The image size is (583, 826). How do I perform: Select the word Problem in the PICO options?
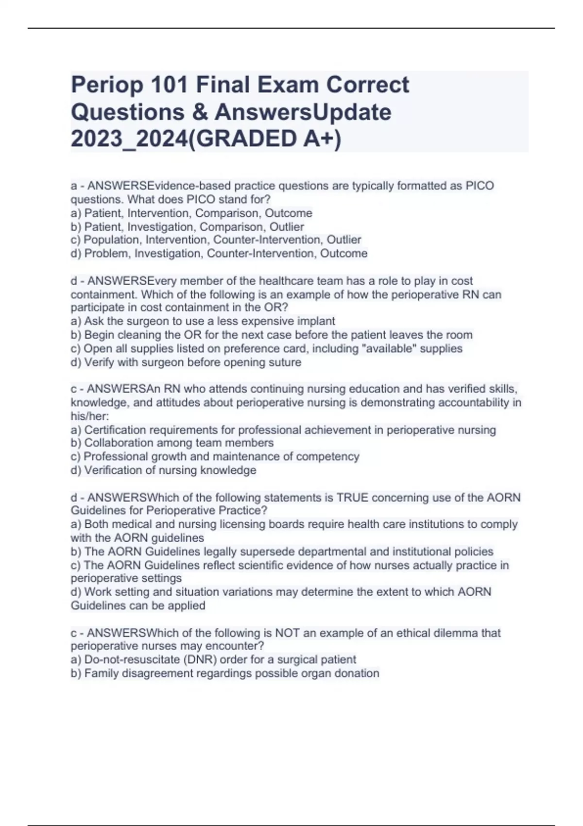coord(107,254)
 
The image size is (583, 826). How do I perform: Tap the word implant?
coord(316,321)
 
